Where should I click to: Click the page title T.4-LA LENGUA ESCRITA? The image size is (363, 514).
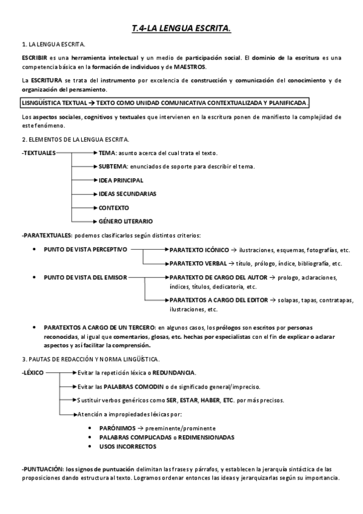coord(181,28)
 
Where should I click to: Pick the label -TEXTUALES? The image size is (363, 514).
coord(38,153)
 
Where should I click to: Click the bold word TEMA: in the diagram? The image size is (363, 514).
coord(108,153)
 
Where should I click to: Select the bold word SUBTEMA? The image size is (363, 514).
coord(113,166)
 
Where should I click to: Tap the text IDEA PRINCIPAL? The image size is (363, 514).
coord(121,180)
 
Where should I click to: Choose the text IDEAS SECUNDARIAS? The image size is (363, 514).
coord(127,194)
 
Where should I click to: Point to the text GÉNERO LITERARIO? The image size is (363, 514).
coord(125,221)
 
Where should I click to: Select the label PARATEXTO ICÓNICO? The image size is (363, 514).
coord(199,250)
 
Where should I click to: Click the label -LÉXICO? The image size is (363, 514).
coord(32,373)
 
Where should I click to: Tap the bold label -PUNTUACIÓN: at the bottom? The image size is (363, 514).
coord(42,469)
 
